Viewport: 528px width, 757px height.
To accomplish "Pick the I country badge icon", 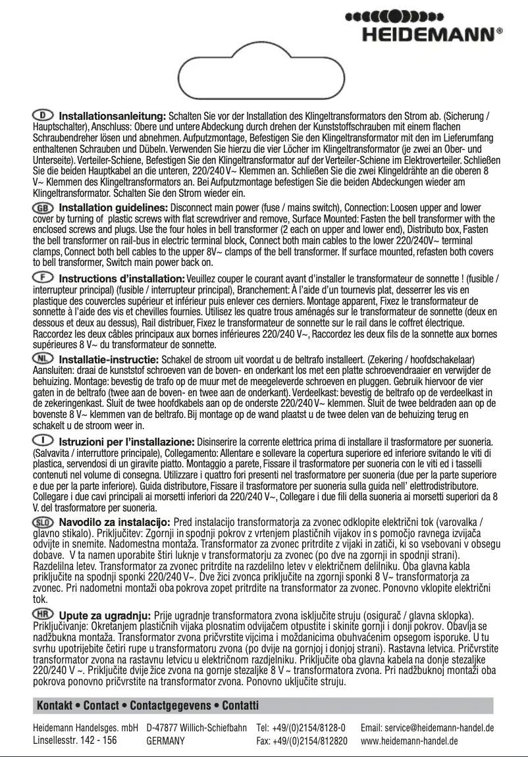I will pyautogui.click(x=43, y=440).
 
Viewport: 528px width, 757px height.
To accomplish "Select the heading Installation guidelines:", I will pyautogui.click(x=113, y=209).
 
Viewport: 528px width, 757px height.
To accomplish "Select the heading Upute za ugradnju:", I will pyautogui.click(x=105, y=615).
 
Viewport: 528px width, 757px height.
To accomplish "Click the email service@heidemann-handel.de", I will pyautogui.click(x=427, y=728).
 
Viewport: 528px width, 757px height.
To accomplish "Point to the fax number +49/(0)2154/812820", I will pyautogui.click(x=302, y=741).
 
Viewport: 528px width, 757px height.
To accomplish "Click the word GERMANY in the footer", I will pyautogui.click(x=165, y=741).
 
